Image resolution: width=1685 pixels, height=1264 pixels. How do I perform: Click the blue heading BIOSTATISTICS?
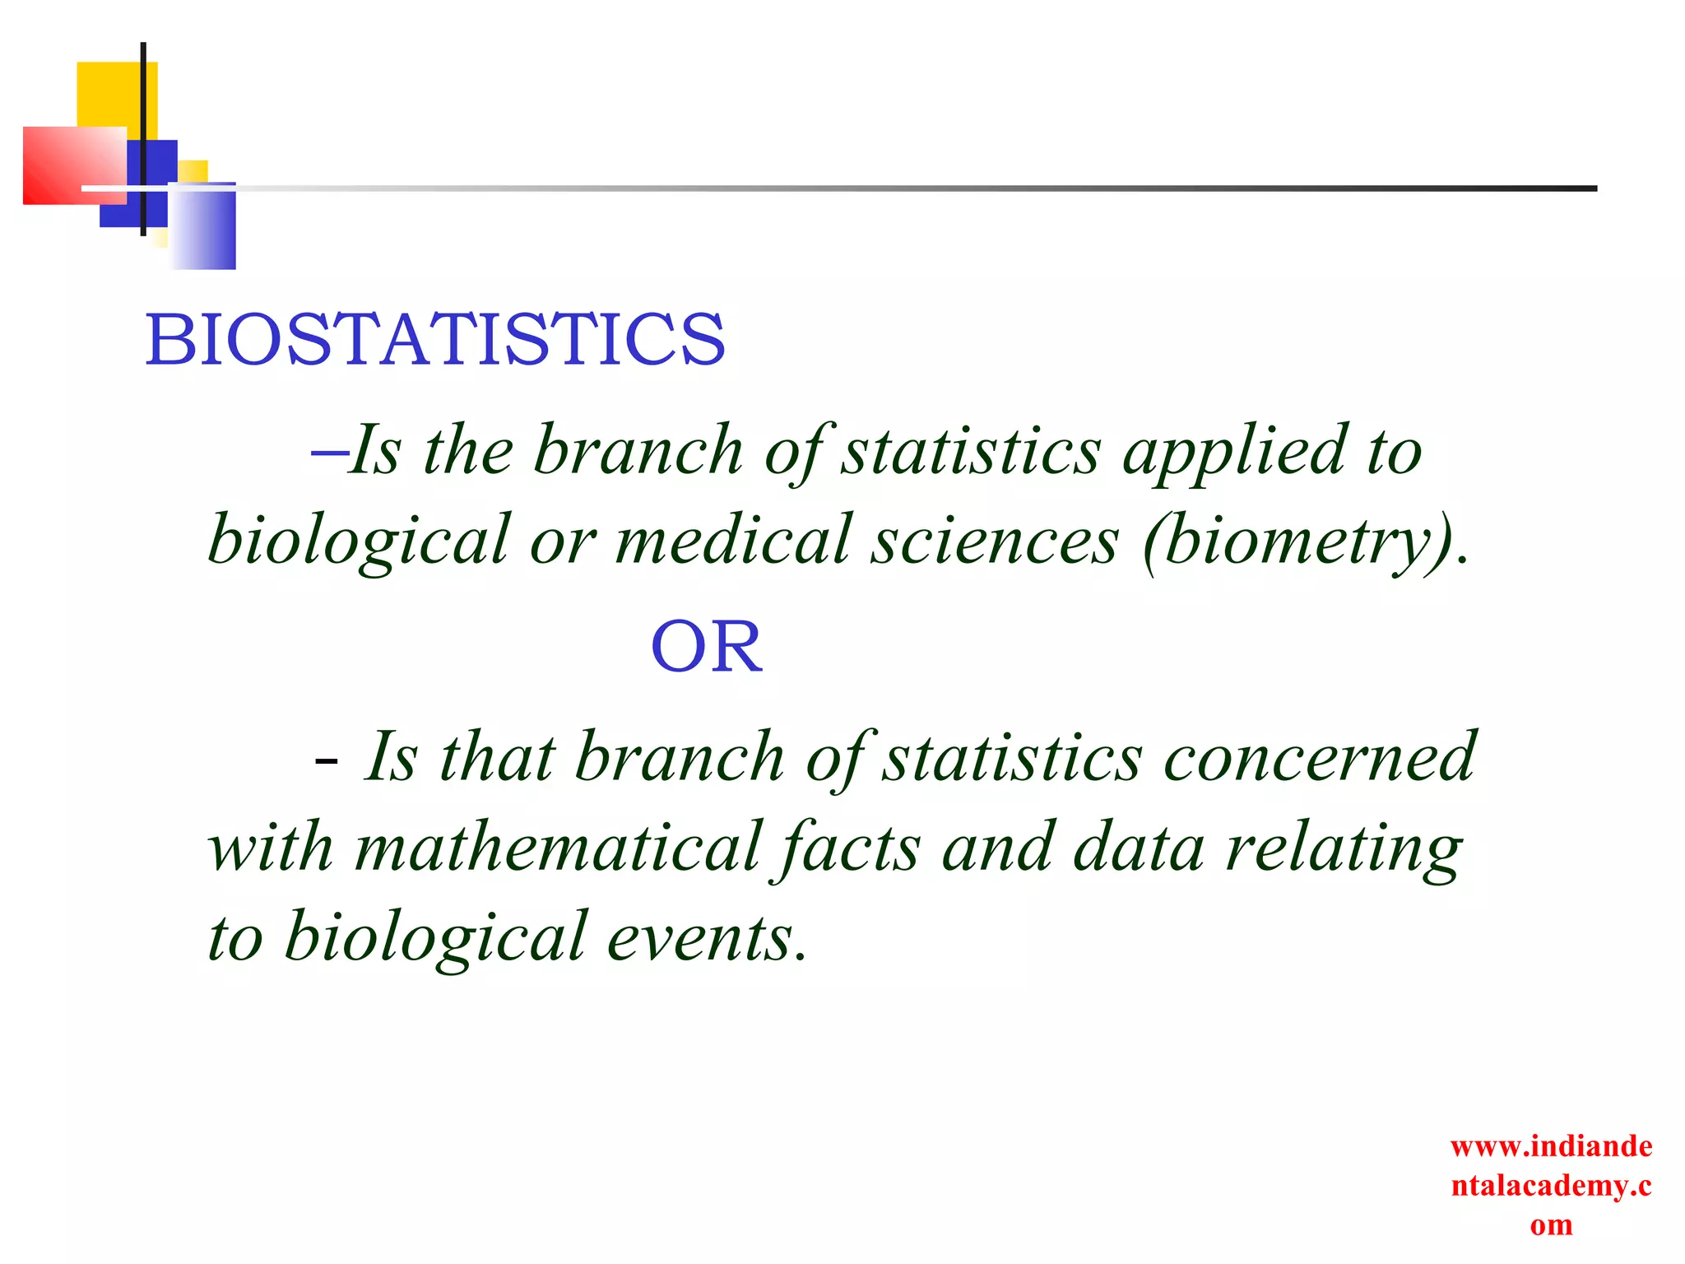pos(435,340)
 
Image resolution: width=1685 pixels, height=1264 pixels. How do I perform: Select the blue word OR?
pos(706,648)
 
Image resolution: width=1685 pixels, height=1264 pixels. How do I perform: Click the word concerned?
pos(1319,757)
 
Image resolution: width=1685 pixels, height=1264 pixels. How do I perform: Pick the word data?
pos(1139,848)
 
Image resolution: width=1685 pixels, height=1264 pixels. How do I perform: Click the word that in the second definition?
pos(497,757)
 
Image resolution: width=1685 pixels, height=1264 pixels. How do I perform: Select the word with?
pos(271,848)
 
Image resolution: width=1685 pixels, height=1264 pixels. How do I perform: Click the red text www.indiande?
pos(1551,1146)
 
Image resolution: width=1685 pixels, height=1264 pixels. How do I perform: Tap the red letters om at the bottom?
pos(1551,1225)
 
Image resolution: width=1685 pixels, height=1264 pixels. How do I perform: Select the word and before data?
pos(997,848)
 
